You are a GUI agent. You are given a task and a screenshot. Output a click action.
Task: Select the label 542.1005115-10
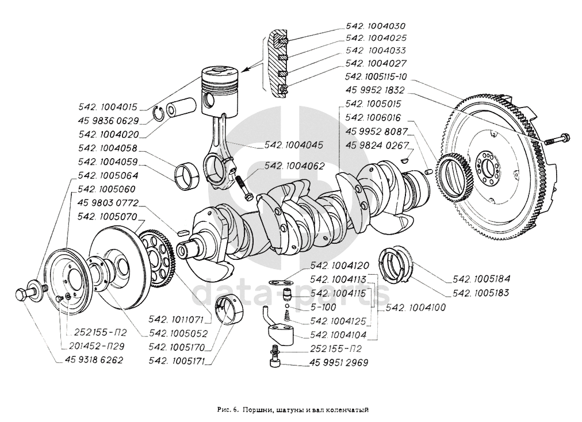coord(377,76)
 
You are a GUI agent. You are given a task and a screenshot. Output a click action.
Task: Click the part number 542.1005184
coord(482,279)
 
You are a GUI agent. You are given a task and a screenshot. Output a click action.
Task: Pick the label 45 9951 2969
coord(339,363)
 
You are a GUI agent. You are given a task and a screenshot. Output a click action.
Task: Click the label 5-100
coord(320,308)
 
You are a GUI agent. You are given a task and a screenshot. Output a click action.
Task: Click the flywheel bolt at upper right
coord(558,138)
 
